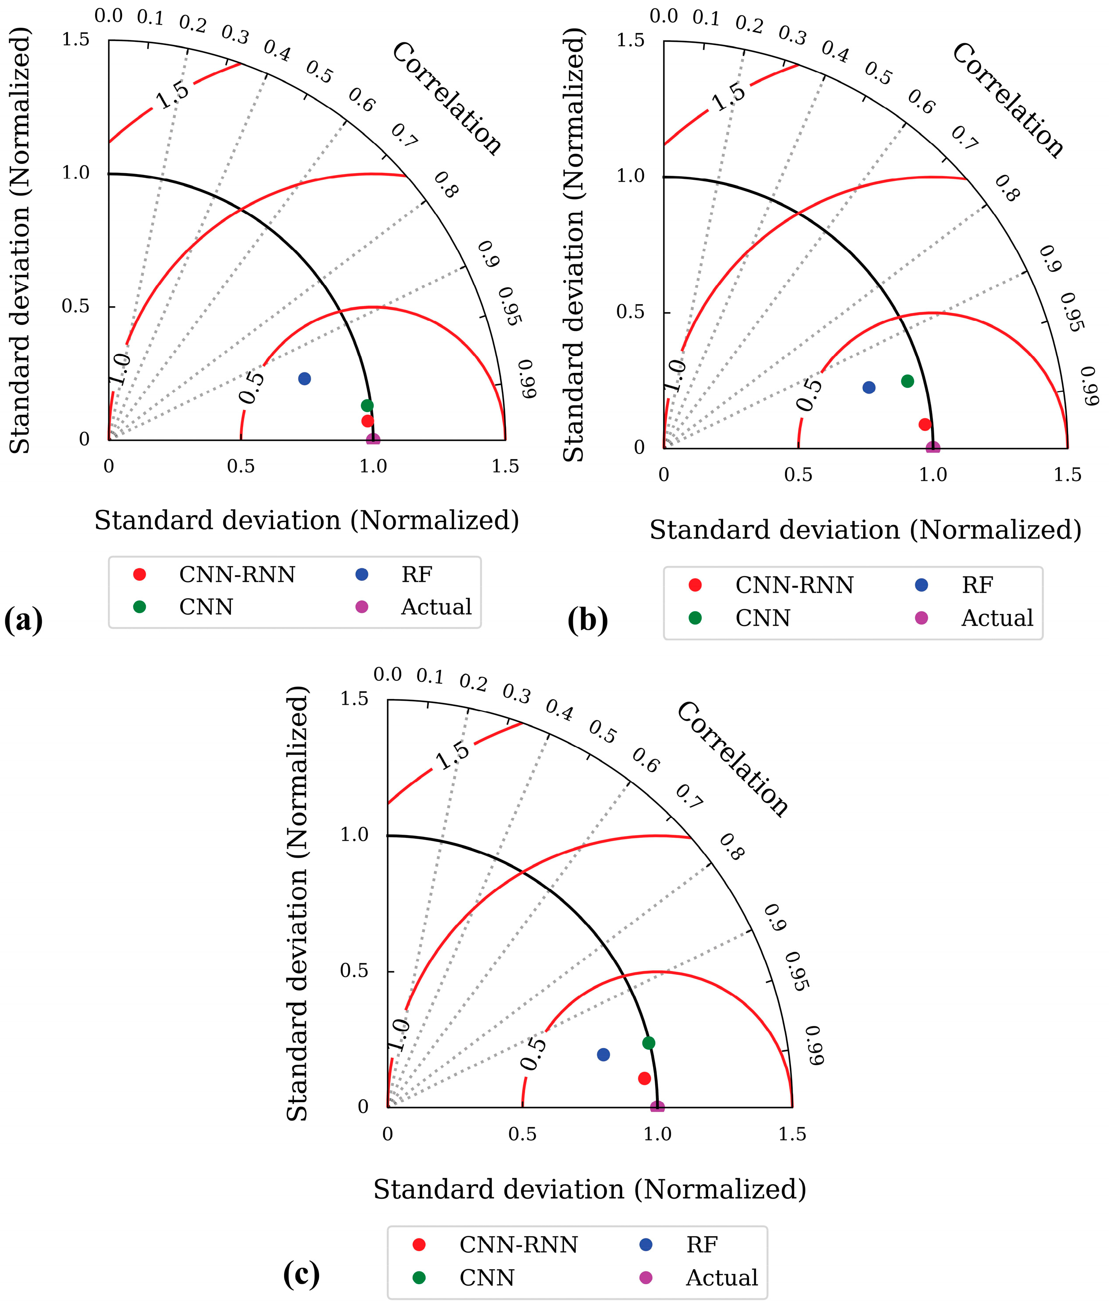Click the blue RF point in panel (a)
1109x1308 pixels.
coord(304,379)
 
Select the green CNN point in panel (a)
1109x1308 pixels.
coord(367,405)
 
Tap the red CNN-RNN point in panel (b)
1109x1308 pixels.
coord(925,424)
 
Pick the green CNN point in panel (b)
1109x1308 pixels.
coord(907,381)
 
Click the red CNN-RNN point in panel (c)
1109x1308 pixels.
coord(645,1078)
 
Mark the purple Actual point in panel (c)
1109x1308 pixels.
coord(657,1107)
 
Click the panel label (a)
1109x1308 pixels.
coord(23,620)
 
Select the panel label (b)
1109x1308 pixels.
coord(588,620)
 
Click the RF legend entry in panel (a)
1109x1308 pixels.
coord(416,574)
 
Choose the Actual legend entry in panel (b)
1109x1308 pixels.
coord(997,618)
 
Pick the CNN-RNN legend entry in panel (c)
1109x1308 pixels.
coord(518,1245)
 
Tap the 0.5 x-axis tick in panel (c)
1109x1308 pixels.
coord(523,1134)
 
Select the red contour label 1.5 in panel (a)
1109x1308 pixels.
coord(172,94)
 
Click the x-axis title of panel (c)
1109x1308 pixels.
coord(590,1189)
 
